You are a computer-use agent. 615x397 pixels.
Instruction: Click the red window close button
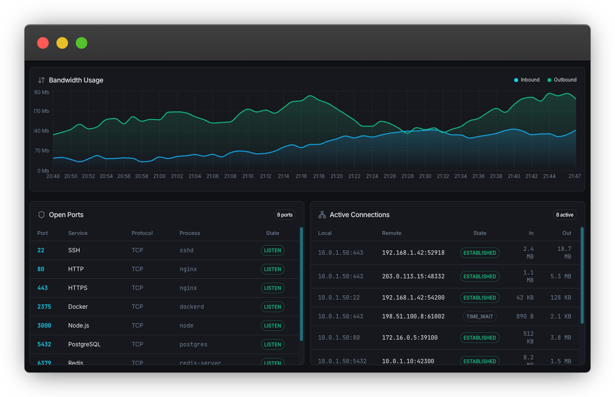coord(43,43)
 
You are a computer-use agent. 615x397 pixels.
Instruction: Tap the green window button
coord(82,43)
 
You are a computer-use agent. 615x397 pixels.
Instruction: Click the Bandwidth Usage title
coord(76,80)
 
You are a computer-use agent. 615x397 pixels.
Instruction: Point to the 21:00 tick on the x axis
coord(159,176)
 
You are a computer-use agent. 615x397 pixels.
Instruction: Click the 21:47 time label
coord(574,176)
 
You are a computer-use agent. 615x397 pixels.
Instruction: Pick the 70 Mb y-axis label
coord(41,151)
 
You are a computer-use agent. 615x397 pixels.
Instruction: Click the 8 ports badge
coord(285,215)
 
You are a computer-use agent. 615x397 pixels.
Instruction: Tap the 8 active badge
coord(564,215)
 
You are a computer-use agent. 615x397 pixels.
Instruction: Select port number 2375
coord(44,307)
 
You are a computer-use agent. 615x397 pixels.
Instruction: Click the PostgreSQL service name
coord(84,344)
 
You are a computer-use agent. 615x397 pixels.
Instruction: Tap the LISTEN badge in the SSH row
coord(273,250)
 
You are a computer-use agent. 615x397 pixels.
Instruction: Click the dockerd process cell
coord(191,307)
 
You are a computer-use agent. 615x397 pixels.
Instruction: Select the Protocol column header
coord(142,233)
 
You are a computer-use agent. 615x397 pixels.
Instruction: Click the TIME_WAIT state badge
coord(479,316)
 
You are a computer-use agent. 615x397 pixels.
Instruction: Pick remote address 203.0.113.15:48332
coord(413,276)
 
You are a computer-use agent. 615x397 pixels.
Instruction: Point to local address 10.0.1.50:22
coord(339,298)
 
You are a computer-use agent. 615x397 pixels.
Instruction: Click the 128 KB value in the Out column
coord(560,298)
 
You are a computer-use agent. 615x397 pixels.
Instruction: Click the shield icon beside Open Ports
coord(41,215)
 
